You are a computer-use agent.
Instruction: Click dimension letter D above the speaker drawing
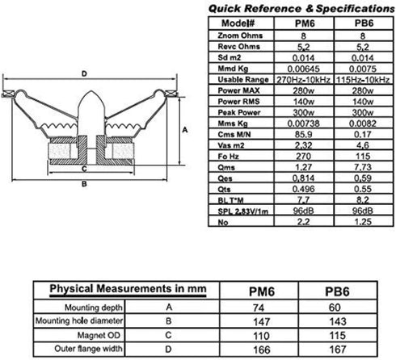(84, 73)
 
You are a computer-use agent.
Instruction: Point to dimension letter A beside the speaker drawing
(185, 130)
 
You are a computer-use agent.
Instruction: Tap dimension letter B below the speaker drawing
(84, 184)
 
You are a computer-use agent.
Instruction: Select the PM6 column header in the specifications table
(305, 23)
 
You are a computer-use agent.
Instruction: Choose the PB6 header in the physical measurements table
(337, 291)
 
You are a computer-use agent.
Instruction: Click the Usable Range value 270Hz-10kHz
(304, 80)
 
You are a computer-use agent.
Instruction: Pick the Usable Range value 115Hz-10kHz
(363, 80)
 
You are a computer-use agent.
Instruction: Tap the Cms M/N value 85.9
(304, 134)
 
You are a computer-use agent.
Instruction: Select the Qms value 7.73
(363, 167)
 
